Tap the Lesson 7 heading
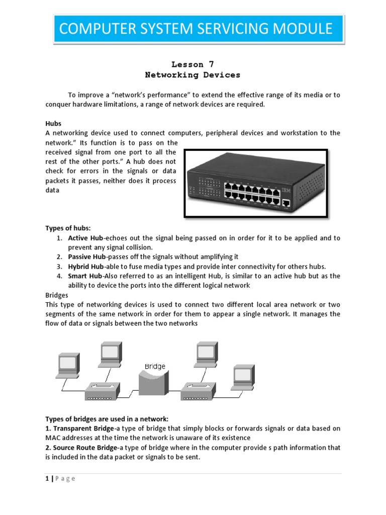pyautogui.click(x=187, y=64)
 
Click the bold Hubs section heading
pyautogui.click(x=53, y=123)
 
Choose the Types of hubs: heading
pyautogui.click(x=68, y=228)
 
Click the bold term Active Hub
pyautogui.click(x=85, y=238)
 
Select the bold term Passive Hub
pyautogui.click(x=87, y=257)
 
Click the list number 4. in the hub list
pyautogui.click(x=59, y=276)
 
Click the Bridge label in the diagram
pyautogui.click(x=155, y=367)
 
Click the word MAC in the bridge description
pyautogui.click(x=53, y=438)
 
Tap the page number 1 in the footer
pyautogui.click(x=47, y=479)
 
